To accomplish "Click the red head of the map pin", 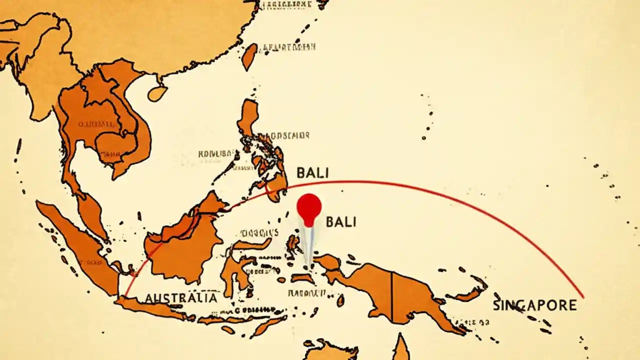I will tap(309, 206).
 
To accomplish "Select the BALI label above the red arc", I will tap(312, 173).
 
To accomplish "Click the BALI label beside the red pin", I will tap(341, 221).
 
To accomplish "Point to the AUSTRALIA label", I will tap(181, 298).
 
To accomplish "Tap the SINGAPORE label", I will tap(534, 305).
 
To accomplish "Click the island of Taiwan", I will tap(249, 56).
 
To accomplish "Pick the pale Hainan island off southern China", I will tap(157, 93).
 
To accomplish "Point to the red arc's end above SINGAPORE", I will tap(582, 297).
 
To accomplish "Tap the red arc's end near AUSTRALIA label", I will tap(125, 295).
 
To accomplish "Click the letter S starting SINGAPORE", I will tap(496, 305).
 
